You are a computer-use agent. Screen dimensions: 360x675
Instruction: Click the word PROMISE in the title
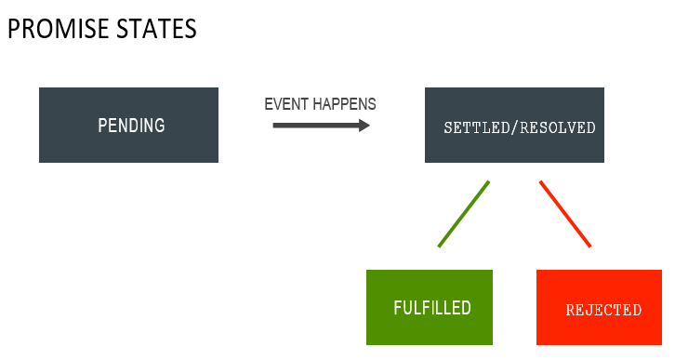click(x=60, y=29)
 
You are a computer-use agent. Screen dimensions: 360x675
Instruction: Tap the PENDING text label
click(x=131, y=126)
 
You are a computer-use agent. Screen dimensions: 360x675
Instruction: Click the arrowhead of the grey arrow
click(x=364, y=124)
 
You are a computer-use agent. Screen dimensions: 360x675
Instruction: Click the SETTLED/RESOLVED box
click(x=514, y=147)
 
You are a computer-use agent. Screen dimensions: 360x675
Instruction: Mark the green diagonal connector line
click(x=463, y=214)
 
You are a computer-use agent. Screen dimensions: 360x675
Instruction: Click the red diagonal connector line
click(x=565, y=214)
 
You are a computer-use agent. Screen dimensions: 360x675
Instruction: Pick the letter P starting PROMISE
click(x=14, y=29)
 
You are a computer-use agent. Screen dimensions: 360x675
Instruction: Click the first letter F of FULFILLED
click(x=398, y=308)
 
